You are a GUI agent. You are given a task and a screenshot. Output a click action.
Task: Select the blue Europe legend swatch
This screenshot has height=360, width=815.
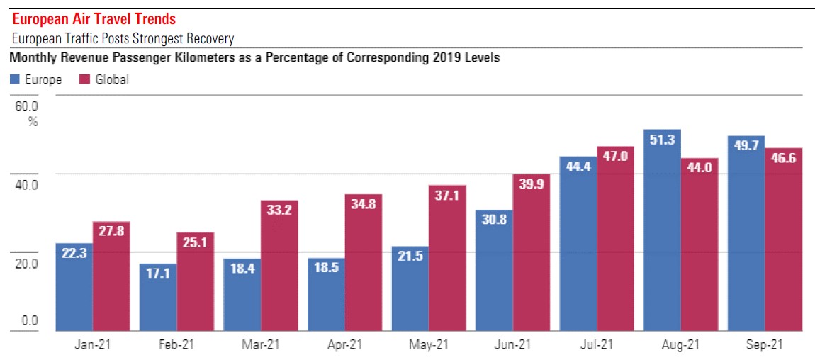coord(15,79)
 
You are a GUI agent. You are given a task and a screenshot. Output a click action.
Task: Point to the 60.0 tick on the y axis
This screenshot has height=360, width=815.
coord(28,106)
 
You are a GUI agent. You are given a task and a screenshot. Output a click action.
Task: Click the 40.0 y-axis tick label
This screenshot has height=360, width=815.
coord(28,185)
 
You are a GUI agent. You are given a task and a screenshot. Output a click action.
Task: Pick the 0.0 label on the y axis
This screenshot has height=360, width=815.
coord(29,321)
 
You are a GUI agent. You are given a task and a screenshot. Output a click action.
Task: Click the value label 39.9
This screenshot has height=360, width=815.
coord(532,184)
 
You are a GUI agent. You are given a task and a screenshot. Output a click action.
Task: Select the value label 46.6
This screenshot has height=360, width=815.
coord(783,158)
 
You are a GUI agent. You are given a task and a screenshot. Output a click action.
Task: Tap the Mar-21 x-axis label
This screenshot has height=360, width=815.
coord(261,345)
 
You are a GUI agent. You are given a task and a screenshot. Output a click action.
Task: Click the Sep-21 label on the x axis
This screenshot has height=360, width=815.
coord(765,345)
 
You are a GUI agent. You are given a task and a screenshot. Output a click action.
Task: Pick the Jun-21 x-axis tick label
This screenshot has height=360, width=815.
coord(512,345)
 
